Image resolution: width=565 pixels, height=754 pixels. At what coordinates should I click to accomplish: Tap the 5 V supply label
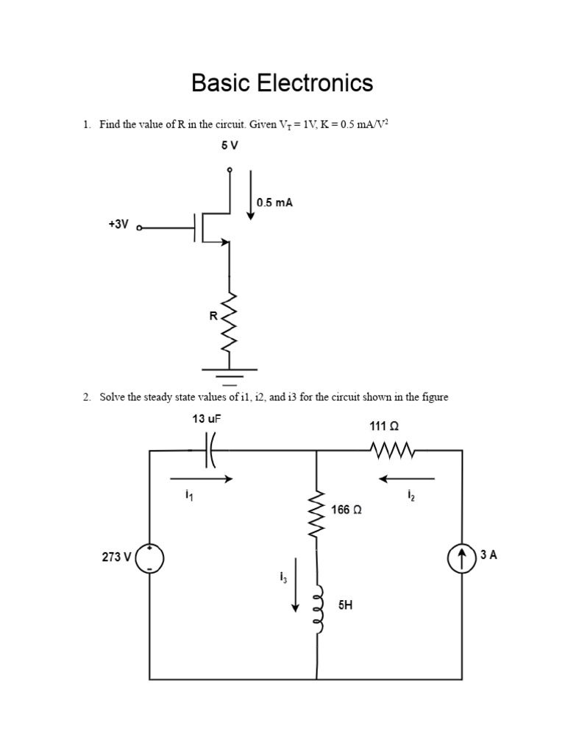click(x=230, y=146)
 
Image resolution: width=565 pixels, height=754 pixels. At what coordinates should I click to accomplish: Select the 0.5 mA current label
click(x=274, y=202)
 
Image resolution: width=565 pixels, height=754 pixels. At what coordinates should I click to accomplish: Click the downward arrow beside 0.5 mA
click(x=251, y=195)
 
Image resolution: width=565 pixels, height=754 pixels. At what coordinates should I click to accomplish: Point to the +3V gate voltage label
click(x=118, y=225)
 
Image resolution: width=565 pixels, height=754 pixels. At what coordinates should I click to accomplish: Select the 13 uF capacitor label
click(x=207, y=419)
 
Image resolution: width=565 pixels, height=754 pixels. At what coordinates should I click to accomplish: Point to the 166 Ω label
click(x=347, y=510)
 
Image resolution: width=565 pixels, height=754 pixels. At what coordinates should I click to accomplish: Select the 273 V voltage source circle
click(x=150, y=557)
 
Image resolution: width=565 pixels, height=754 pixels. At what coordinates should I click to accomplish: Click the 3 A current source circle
click(x=462, y=557)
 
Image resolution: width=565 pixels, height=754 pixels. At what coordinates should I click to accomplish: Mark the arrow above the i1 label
click(x=202, y=479)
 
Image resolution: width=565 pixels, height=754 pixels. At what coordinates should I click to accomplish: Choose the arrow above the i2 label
click(x=407, y=479)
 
